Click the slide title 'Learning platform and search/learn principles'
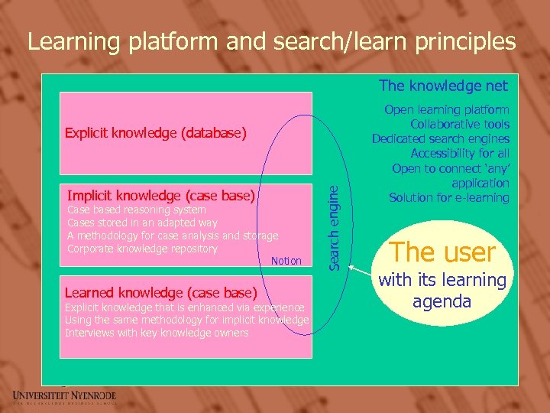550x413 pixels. click(271, 41)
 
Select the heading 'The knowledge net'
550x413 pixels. click(444, 86)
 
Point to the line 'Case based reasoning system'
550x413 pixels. click(137, 210)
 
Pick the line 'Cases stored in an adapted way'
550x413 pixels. click(142, 223)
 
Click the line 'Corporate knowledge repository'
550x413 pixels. click(142, 249)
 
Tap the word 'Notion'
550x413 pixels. click(286, 261)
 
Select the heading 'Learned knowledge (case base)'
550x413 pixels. click(161, 292)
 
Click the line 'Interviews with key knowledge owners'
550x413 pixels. click(157, 333)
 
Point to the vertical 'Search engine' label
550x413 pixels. click(333, 227)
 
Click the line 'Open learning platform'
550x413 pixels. click(447, 109)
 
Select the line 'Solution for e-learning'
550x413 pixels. click(449, 197)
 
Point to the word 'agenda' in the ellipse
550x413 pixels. click(442, 301)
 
